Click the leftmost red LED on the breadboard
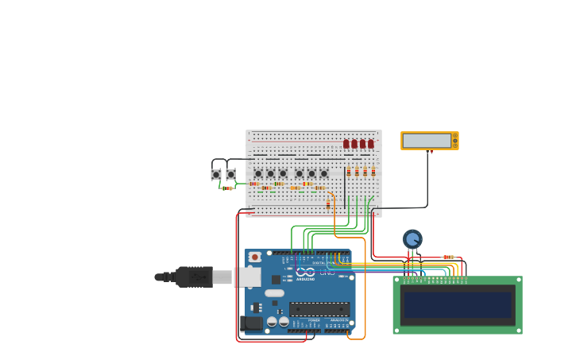346,144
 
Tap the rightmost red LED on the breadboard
371,144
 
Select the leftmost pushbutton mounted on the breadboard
258,173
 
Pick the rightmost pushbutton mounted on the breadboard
323,173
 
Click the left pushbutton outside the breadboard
216,174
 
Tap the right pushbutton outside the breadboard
230,174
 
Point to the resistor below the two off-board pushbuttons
227,188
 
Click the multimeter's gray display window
427,141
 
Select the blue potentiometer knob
412,238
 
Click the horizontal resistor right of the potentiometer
448,257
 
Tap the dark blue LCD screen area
458,305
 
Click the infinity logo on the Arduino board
306,272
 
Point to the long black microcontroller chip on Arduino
319,309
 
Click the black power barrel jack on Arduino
250,323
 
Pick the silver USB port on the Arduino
248,277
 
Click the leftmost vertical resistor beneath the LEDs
349,171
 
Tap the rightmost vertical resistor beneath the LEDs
373,171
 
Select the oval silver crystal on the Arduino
274,293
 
